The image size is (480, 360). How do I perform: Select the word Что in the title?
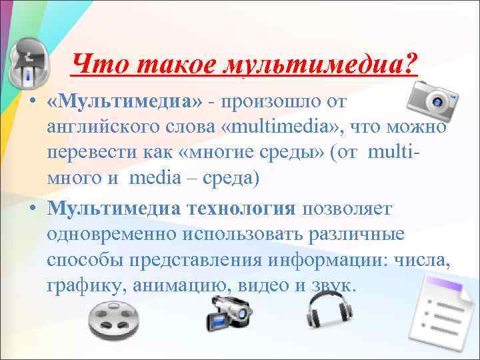pyautogui.click(x=96, y=65)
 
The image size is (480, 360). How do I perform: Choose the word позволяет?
pyautogui.click(x=349, y=208)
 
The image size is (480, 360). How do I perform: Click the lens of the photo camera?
pyautogui.click(x=439, y=103)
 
